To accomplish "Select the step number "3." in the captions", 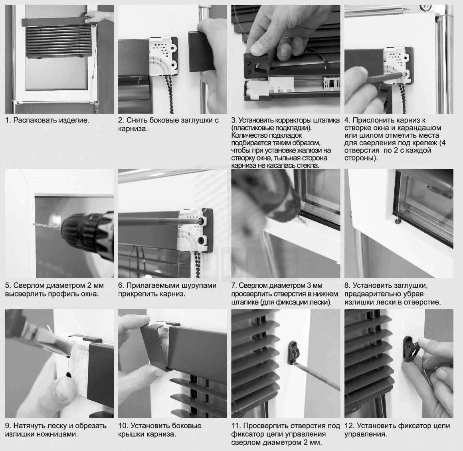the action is (234, 120).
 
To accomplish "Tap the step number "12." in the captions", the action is (349, 426).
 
